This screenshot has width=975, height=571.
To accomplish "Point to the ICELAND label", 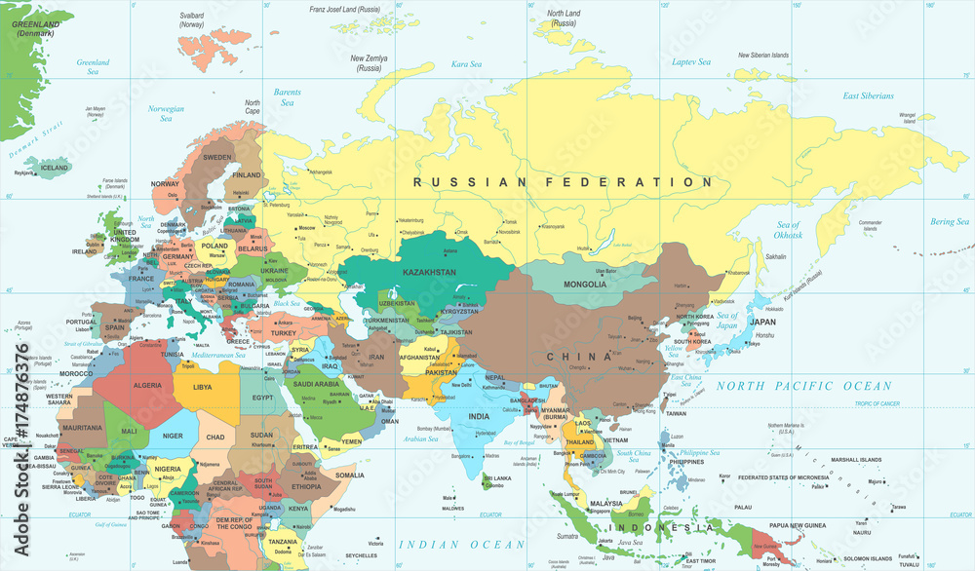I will pyautogui.click(x=54, y=168).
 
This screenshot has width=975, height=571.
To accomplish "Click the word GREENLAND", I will pyautogui.click(x=36, y=23).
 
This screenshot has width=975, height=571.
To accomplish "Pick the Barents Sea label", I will pyautogui.click(x=288, y=97).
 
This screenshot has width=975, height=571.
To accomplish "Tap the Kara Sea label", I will pyautogui.click(x=466, y=64).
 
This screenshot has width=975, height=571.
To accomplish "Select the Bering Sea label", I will pyautogui.click(x=949, y=222).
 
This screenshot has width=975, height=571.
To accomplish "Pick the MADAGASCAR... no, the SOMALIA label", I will pyautogui.click(x=349, y=475).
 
